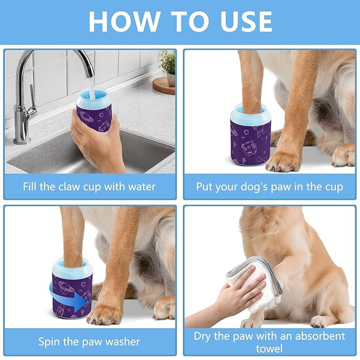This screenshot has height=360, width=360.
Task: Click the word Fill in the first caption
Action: pyautogui.click(x=31, y=187)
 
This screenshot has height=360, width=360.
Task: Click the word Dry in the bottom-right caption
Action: pyautogui.click(x=204, y=336)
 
